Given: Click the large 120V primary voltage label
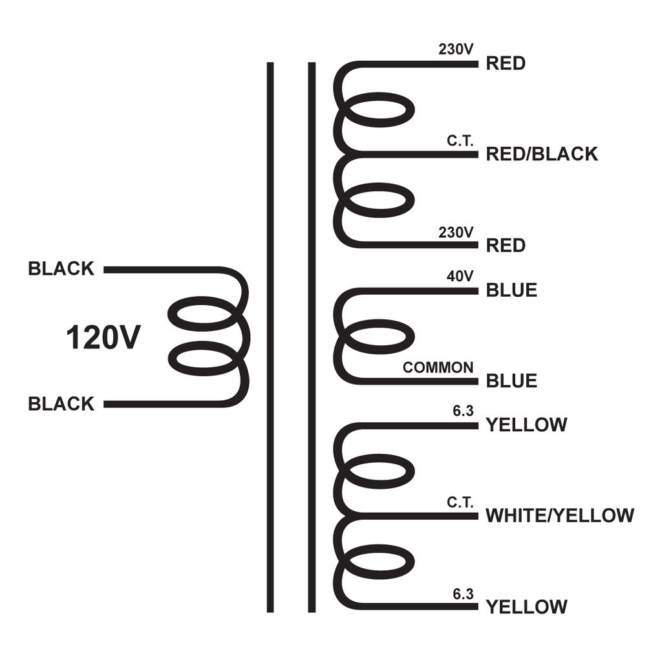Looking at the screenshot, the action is [x=103, y=337].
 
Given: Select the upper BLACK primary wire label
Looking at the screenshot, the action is [x=61, y=269].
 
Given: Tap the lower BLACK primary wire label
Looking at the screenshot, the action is [x=61, y=404].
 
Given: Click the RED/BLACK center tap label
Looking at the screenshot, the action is [x=542, y=154].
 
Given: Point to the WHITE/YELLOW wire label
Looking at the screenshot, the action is [x=560, y=515].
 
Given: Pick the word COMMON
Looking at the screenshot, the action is [x=438, y=368].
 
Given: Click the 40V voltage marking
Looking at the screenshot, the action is [x=460, y=276].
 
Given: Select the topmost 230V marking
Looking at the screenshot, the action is [x=456, y=49].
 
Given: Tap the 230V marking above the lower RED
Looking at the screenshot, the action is [x=456, y=233].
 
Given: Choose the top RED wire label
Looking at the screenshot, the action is [x=506, y=63].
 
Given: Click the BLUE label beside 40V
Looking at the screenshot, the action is [x=511, y=290].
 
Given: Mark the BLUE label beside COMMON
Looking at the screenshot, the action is [x=511, y=381].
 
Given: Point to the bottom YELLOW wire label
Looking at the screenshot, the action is [x=526, y=607].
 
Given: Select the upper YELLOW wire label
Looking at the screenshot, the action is [x=526, y=425].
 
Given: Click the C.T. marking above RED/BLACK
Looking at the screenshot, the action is [x=460, y=141].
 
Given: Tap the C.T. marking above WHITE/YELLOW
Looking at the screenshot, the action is [x=460, y=502].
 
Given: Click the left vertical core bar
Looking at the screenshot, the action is [x=270, y=337].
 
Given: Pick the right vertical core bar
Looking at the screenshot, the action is [x=312, y=337].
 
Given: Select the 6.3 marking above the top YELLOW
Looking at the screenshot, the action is [x=463, y=411].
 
